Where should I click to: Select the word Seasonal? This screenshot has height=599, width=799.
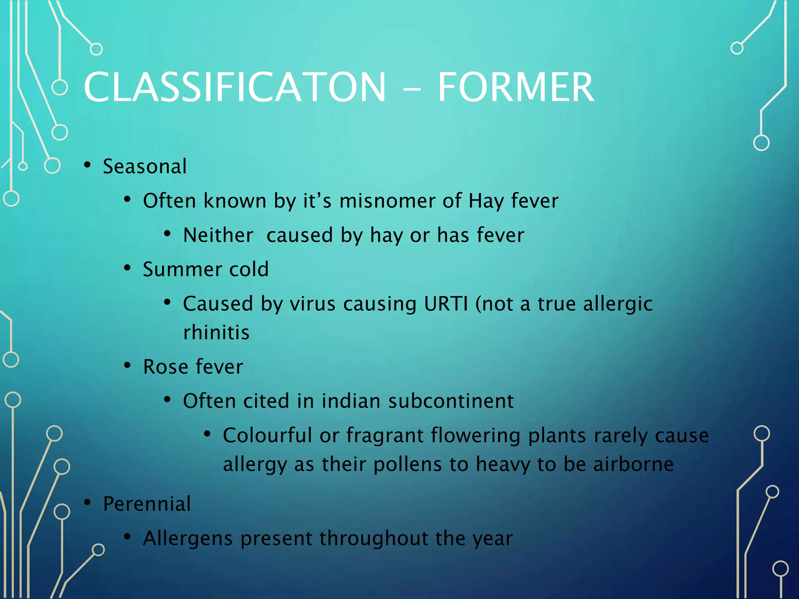click(145, 167)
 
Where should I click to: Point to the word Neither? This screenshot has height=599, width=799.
click(218, 236)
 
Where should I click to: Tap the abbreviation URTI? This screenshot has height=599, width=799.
click(446, 304)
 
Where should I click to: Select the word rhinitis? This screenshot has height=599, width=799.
click(216, 333)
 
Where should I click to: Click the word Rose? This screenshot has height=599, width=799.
click(165, 367)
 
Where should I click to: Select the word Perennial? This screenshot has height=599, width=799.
click(147, 504)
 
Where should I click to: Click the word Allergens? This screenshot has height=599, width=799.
click(188, 539)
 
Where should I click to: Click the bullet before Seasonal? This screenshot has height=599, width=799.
click(87, 165)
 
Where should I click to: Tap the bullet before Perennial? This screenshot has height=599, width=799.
click(87, 503)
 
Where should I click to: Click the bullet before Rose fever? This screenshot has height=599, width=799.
click(127, 365)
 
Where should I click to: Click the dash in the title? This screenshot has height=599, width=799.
click(412, 90)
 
